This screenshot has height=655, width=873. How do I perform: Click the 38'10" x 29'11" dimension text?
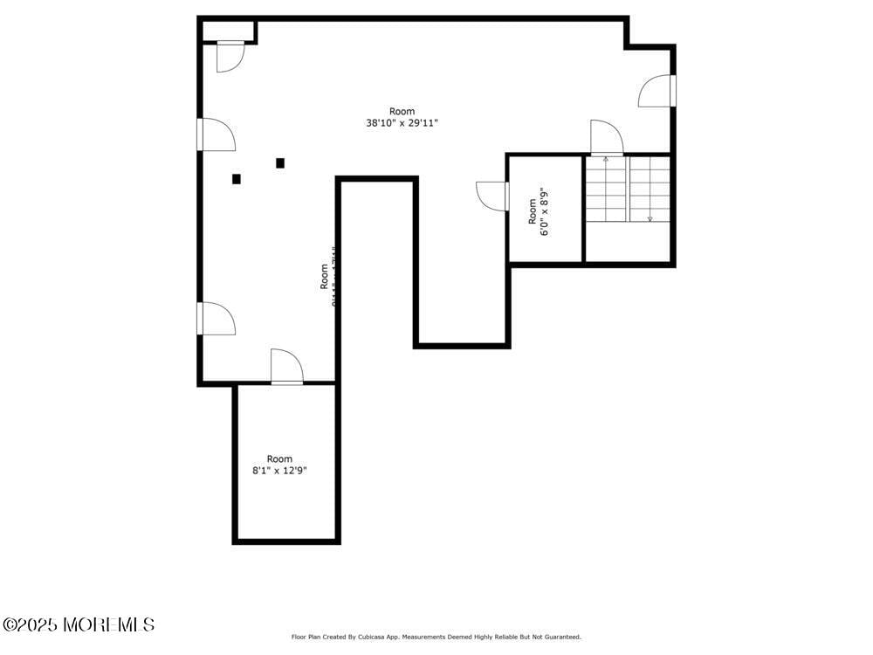pyautogui.click(x=402, y=123)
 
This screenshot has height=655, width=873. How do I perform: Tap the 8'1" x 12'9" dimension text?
pyautogui.click(x=279, y=471)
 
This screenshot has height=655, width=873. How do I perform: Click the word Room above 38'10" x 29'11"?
pyautogui.click(x=402, y=111)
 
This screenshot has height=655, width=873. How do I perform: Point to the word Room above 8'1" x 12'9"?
pyautogui.click(x=279, y=458)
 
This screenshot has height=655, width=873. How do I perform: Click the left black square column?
pyautogui.click(x=237, y=179)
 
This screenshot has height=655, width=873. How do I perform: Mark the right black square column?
pyautogui.click(x=280, y=162)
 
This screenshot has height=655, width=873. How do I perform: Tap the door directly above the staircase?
pyautogui.click(x=606, y=139)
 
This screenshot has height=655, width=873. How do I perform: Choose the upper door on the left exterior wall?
pyautogui.click(x=217, y=134)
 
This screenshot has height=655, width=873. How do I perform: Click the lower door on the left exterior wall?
pyautogui.click(x=217, y=318)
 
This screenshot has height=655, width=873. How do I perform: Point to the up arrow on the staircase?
pyautogui.click(x=606, y=160)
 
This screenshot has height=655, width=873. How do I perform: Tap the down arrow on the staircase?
pyautogui.click(x=650, y=217)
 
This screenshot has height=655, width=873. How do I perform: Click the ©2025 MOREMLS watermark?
pyautogui.click(x=79, y=624)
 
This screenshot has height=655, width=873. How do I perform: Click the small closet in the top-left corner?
pyautogui.click(x=228, y=31)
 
